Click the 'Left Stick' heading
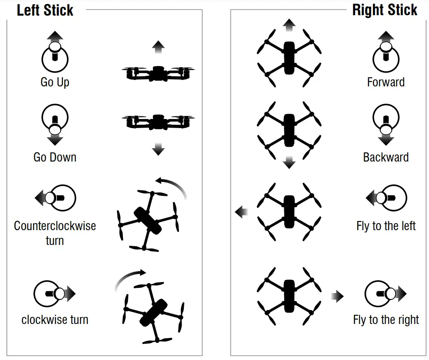pyautogui.click(x=45, y=10)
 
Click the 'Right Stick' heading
pyautogui.click(x=384, y=10)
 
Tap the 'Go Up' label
pyautogui.click(x=55, y=82)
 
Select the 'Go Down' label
pyautogui.click(x=55, y=157)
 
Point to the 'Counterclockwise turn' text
pyautogui.click(x=55, y=233)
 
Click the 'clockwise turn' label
pyautogui.click(x=55, y=320)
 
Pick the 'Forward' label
pyautogui.click(x=386, y=82)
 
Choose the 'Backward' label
pyautogui.click(x=386, y=157)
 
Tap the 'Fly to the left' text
pyautogui.click(x=386, y=226)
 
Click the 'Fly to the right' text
pyautogui.click(x=386, y=320)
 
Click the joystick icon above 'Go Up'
pyautogui.click(x=55, y=56)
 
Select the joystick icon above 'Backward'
pyautogui.click(x=386, y=122)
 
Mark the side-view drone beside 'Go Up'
pyautogui.click(x=158, y=73)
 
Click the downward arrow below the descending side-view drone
pyautogui.click(x=158, y=150)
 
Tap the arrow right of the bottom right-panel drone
pyautogui.click(x=337, y=297)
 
